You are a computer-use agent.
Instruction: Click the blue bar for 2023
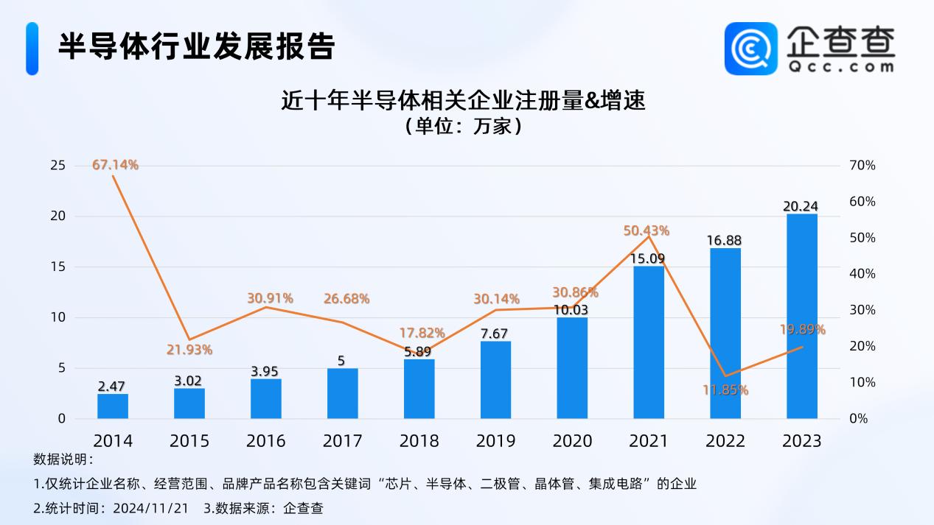(801, 317)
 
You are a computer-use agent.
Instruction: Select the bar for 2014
(113, 406)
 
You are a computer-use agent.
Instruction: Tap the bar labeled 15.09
(649, 342)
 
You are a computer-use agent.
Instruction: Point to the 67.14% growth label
(115, 165)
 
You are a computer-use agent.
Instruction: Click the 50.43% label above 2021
(647, 230)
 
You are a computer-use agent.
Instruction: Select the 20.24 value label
(801, 206)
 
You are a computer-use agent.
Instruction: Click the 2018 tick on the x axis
(419, 441)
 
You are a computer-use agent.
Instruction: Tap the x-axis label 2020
(572, 441)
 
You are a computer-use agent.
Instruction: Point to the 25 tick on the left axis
(57, 166)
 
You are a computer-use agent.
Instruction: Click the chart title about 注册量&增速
(463, 101)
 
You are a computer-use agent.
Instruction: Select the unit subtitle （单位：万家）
(463, 126)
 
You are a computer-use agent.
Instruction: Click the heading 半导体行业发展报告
(197, 46)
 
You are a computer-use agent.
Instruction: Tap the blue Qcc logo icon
(751, 48)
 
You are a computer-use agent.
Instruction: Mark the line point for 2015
(189, 339)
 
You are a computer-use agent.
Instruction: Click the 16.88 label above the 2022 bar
(725, 240)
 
